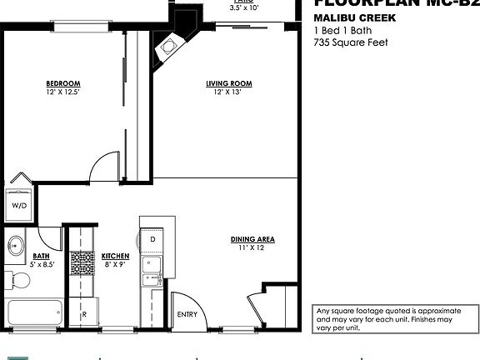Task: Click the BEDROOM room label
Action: click(62, 82)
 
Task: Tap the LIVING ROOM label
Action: click(229, 83)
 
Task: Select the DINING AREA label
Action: click(252, 240)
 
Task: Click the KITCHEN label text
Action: click(114, 256)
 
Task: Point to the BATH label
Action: click(41, 257)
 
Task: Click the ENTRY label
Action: click(187, 314)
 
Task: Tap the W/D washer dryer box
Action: click(18, 204)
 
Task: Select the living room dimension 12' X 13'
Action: click(229, 92)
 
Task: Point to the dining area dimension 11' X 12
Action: click(252, 248)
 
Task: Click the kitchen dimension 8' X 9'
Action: click(114, 264)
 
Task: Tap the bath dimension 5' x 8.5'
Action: click(41, 265)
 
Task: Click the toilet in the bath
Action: click(17, 279)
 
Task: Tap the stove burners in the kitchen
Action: click(81, 263)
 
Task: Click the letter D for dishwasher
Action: click(152, 239)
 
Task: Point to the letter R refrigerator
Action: click(84, 315)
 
